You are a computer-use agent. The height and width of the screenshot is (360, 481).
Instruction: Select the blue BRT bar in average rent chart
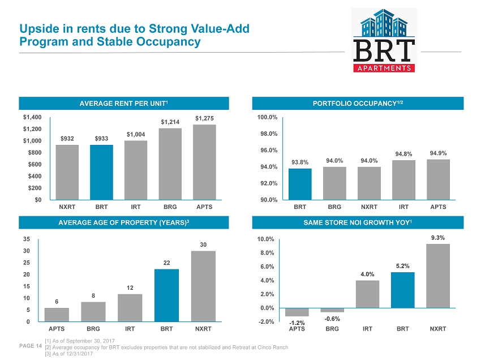coord(101,172)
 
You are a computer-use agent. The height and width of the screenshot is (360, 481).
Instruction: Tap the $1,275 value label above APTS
coord(204,118)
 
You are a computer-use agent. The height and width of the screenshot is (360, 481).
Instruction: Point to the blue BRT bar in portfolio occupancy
coord(300,184)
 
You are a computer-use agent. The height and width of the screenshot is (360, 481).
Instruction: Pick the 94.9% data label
coord(437,153)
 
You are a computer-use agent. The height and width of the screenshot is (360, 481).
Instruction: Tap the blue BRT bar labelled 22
coord(167,295)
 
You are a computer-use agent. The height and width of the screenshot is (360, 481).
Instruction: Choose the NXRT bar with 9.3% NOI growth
coord(437,276)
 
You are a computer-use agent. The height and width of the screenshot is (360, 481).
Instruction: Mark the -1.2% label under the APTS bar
coord(297,323)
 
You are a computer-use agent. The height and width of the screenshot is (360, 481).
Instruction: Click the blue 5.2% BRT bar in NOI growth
coord(402,290)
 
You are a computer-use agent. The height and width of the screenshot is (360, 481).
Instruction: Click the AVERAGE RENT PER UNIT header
coord(124,103)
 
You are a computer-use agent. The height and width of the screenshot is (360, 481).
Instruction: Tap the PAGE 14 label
coord(31,345)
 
